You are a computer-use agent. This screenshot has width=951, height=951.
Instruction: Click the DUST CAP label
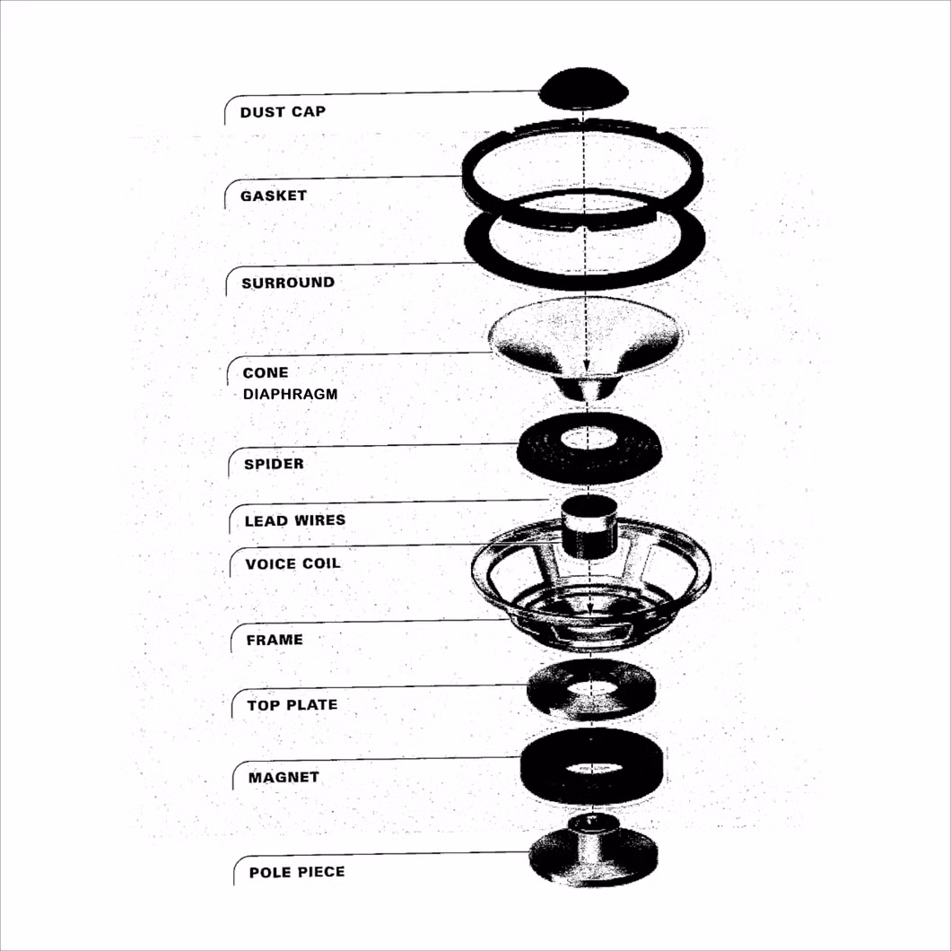(283, 112)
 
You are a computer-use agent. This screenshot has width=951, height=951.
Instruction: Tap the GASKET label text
(274, 196)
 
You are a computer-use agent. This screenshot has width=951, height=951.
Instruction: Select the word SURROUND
(288, 283)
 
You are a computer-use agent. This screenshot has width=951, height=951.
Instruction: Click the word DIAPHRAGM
(290, 394)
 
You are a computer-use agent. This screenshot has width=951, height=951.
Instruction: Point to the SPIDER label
(274, 464)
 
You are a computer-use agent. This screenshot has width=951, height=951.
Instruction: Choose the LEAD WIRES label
(295, 520)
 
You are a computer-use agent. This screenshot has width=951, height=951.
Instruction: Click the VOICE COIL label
(293, 564)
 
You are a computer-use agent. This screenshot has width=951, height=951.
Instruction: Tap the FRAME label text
(275, 640)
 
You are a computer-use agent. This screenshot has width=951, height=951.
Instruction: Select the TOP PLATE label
(292, 705)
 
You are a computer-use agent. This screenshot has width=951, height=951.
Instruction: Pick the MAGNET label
(284, 778)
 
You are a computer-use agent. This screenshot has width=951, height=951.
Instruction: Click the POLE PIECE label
(297, 872)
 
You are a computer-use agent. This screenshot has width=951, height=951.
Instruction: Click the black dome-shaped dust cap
(583, 89)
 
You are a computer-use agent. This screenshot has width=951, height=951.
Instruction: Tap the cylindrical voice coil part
(587, 527)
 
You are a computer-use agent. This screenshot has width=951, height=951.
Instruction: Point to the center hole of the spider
(587, 438)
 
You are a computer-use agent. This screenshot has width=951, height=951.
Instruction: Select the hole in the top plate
(590, 687)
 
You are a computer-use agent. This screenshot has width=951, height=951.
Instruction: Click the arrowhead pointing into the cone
(587, 366)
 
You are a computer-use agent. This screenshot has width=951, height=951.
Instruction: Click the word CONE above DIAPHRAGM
(266, 373)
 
